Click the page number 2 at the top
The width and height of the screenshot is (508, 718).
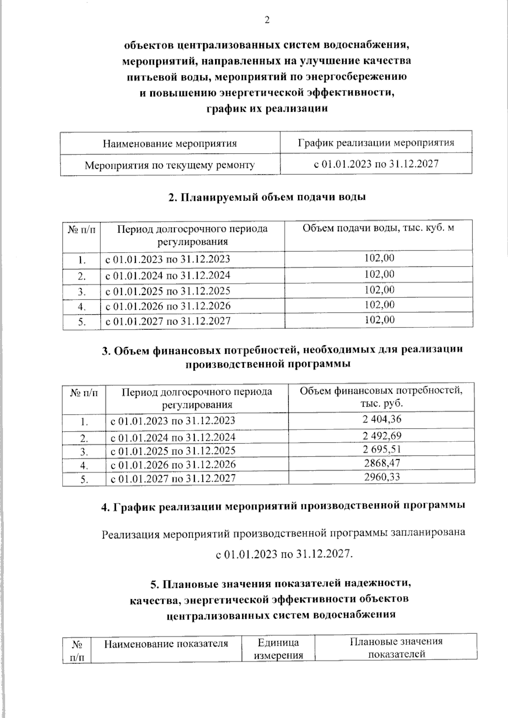pos(266,20)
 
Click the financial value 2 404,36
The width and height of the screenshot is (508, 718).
pos(381,419)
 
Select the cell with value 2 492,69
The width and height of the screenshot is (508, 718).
pos(381,436)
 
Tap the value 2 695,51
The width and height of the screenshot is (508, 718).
pos(381,449)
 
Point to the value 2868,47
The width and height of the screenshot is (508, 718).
pos(381,463)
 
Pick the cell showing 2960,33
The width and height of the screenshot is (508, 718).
pos(381,477)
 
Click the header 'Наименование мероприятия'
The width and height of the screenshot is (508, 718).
pos(170,143)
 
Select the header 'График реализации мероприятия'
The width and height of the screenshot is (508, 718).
pos(376,143)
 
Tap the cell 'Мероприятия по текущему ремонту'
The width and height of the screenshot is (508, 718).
pos(170,165)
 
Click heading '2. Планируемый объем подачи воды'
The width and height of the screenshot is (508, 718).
pos(267,197)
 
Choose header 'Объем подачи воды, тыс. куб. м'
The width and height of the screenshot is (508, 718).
pos(378,228)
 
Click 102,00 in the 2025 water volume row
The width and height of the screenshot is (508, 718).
pos(379,290)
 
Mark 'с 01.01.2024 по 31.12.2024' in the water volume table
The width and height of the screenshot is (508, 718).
pos(168,275)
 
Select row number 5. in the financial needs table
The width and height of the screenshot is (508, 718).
pos(84,479)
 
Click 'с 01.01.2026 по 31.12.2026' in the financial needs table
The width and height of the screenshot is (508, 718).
pos(173,465)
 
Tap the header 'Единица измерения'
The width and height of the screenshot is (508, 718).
pos(278,649)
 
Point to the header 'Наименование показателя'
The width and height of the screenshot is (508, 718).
pos(166,644)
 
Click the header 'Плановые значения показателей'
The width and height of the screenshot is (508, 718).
pos(396,648)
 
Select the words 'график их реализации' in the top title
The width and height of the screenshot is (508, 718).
pos(267,109)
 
